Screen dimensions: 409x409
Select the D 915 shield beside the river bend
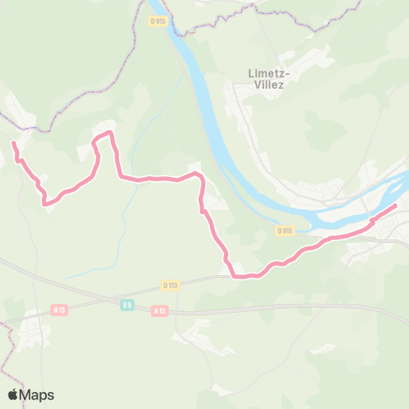click(285, 230)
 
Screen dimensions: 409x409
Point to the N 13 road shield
click(59, 309)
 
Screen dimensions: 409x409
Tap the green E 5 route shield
click(127, 303)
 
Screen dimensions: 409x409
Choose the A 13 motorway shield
click(159, 311)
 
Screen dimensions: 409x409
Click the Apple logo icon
click(14, 395)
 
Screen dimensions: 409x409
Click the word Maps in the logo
click(37, 395)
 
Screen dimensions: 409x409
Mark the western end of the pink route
click(14, 145)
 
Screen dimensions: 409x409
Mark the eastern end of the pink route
click(395, 205)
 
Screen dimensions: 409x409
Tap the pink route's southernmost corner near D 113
click(234, 275)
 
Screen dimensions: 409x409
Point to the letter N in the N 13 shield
click(55, 309)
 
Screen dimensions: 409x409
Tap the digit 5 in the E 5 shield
click(130, 303)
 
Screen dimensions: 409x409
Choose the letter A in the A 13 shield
click(155, 311)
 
